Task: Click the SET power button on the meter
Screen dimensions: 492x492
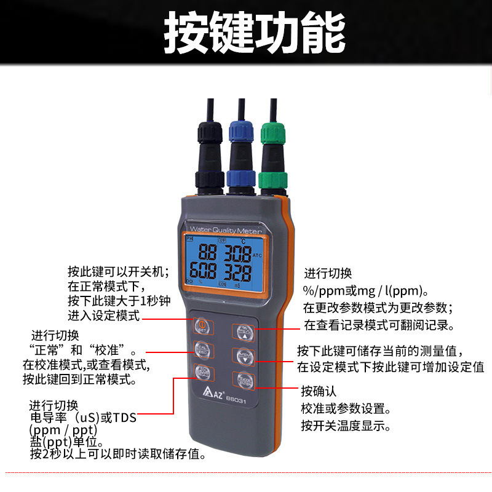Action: pyautogui.click(x=202, y=325)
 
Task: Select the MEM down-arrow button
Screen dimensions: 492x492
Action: pyautogui.click(x=242, y=355)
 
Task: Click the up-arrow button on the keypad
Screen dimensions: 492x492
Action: pyautogui.click(x=242, y=331)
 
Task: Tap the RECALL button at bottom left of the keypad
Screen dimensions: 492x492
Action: pyautogui.click(x=202, y=372)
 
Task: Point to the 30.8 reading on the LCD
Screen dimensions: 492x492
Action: pyautogui.click(x=237, y=253)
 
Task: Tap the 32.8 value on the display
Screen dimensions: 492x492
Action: pyautogui.click(x=237, y=271)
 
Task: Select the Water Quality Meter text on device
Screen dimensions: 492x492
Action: pyautogui.click(x=225, y=230)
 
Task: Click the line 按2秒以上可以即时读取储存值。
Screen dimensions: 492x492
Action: pyautogui.click(x=117, y=454)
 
